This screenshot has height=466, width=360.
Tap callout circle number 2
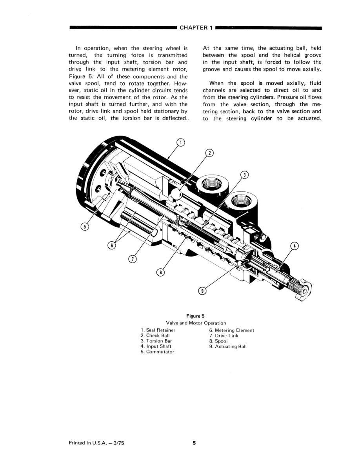coord(210,153)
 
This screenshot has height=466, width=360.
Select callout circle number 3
coord(244,175)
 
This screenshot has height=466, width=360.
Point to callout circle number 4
coord(295,246)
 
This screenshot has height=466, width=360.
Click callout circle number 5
coord(84,226)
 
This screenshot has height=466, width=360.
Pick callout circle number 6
coord(112,246)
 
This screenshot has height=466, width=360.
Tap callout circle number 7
coord(133,259)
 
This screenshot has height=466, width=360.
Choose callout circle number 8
coord(160,271)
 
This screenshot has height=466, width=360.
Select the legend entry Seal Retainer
coord(158,330)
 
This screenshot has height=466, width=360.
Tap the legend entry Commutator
coord(157,352)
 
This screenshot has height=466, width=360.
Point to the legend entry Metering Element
coord(231,330)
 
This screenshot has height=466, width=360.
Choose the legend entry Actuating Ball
coord(228,346)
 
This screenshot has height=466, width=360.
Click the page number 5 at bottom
coord(194,443)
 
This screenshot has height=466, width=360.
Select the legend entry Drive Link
coord(224,336)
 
